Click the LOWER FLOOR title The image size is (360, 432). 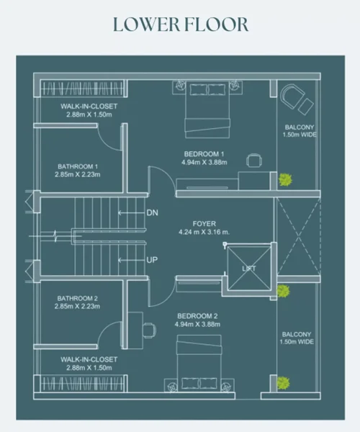point(181,24)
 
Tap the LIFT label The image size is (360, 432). point(249,269)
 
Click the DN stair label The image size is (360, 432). point(153,212)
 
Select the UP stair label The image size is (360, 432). point(152,260)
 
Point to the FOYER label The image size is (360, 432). point(204,223)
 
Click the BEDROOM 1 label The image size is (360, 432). point(204,154)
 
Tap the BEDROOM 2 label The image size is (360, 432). point(197,316)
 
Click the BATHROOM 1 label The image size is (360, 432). point(78,166)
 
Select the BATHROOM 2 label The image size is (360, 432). point(77,298)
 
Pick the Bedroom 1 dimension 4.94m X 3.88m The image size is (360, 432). point(204,162)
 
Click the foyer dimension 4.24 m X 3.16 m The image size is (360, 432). point(204,232)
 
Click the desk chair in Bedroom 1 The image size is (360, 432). point(254,160)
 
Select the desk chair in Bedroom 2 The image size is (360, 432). point(149,330)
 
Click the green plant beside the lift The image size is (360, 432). point(284,291)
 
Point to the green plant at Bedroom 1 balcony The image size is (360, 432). point(285,179)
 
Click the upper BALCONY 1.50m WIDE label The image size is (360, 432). point(300,131)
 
